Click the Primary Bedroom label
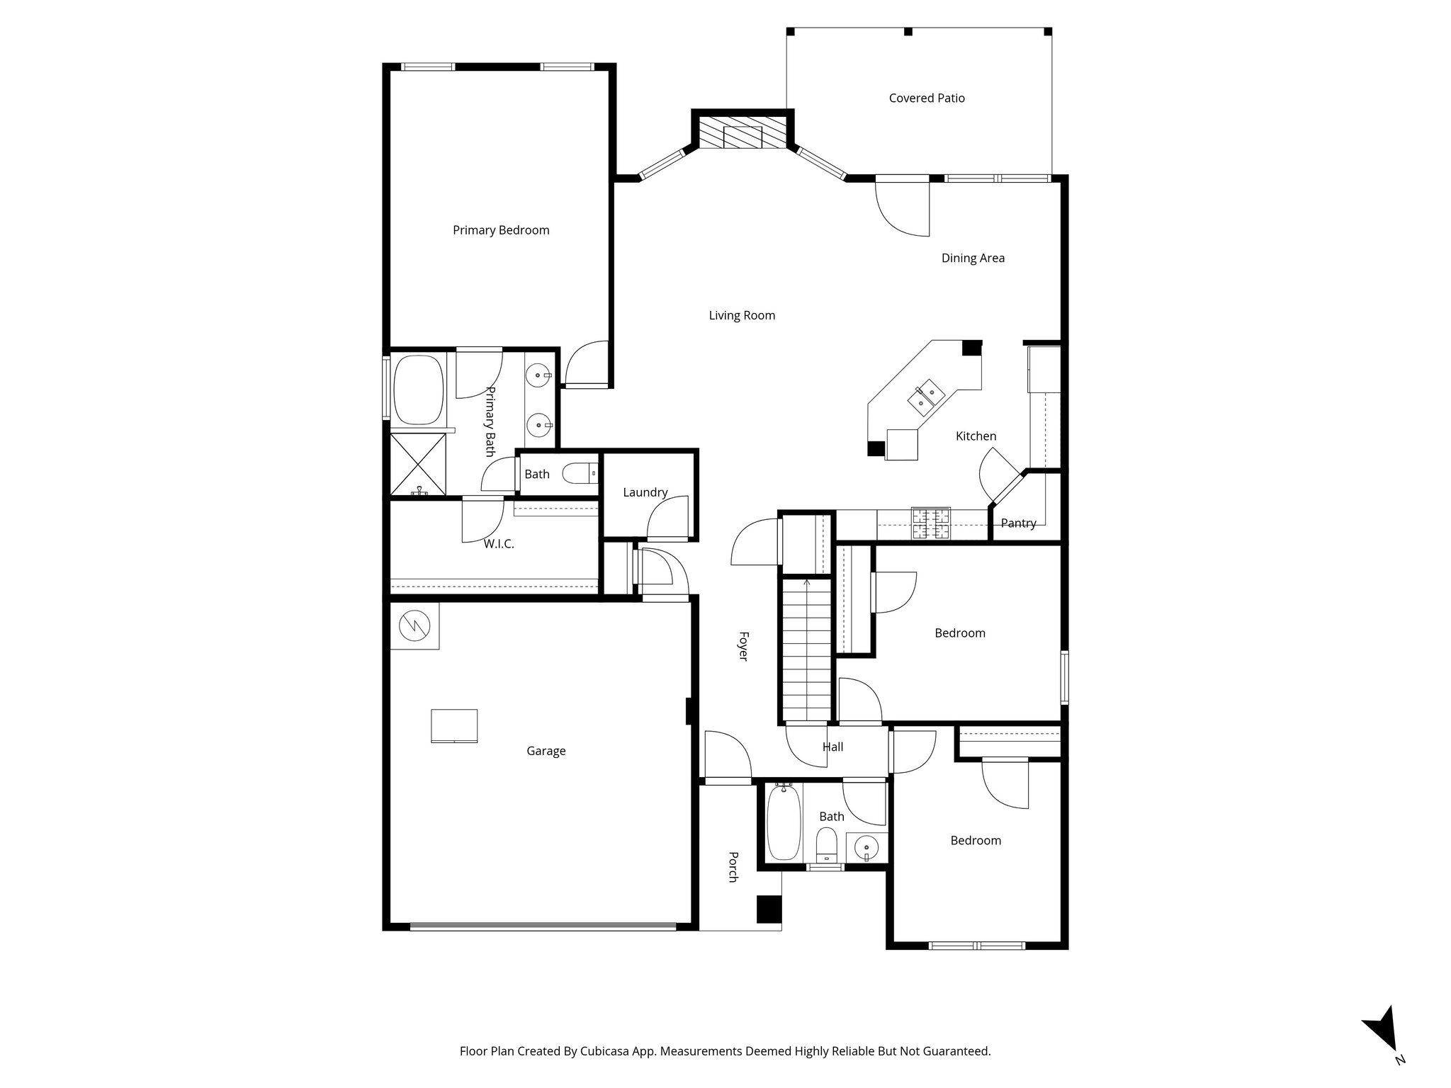(x=501, y=230)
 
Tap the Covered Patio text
(x=927, y=98)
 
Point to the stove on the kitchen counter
(x=930, y=524)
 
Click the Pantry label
(x=1018, y=523)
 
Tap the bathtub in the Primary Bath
(x=418, y=389)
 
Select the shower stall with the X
(x=419, y=464)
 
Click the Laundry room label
(x=645, y=492)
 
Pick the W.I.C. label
(x=499, y=544)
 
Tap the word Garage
(x=546, y=751)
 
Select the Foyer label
(x=743, y=646)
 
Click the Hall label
(x=832, y=747)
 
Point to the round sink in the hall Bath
(x=866, y=847)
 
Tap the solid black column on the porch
(x=767, y=909)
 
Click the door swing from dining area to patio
(x=902, y=208)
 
